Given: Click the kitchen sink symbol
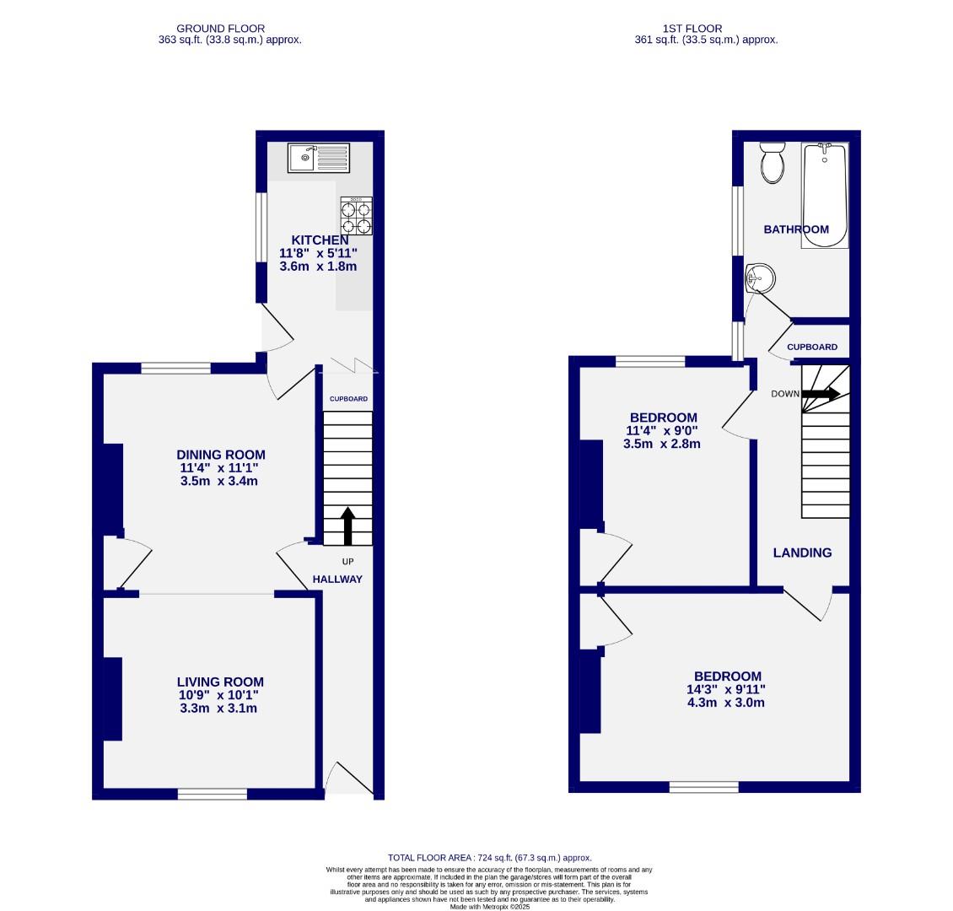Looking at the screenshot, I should coord(317,157).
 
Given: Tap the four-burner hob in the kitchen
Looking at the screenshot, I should coord(356,217).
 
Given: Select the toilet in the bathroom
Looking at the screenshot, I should coord(772,162).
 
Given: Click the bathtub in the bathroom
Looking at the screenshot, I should coord(825,195).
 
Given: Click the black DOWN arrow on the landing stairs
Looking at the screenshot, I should coord(820,393).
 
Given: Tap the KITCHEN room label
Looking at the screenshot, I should coord(320,240).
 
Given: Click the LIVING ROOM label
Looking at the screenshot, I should coord(220,682).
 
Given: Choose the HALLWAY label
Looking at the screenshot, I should coord(337,579).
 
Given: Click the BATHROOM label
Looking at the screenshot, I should coord(796,229).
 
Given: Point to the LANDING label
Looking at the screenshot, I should coord(803,553).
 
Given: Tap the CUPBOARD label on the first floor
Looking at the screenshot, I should coord(812,348).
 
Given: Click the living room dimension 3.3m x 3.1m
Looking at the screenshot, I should coord(218,709).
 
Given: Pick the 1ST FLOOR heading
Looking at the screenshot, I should coord(705,29).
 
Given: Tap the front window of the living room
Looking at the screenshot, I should coord(213,794).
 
